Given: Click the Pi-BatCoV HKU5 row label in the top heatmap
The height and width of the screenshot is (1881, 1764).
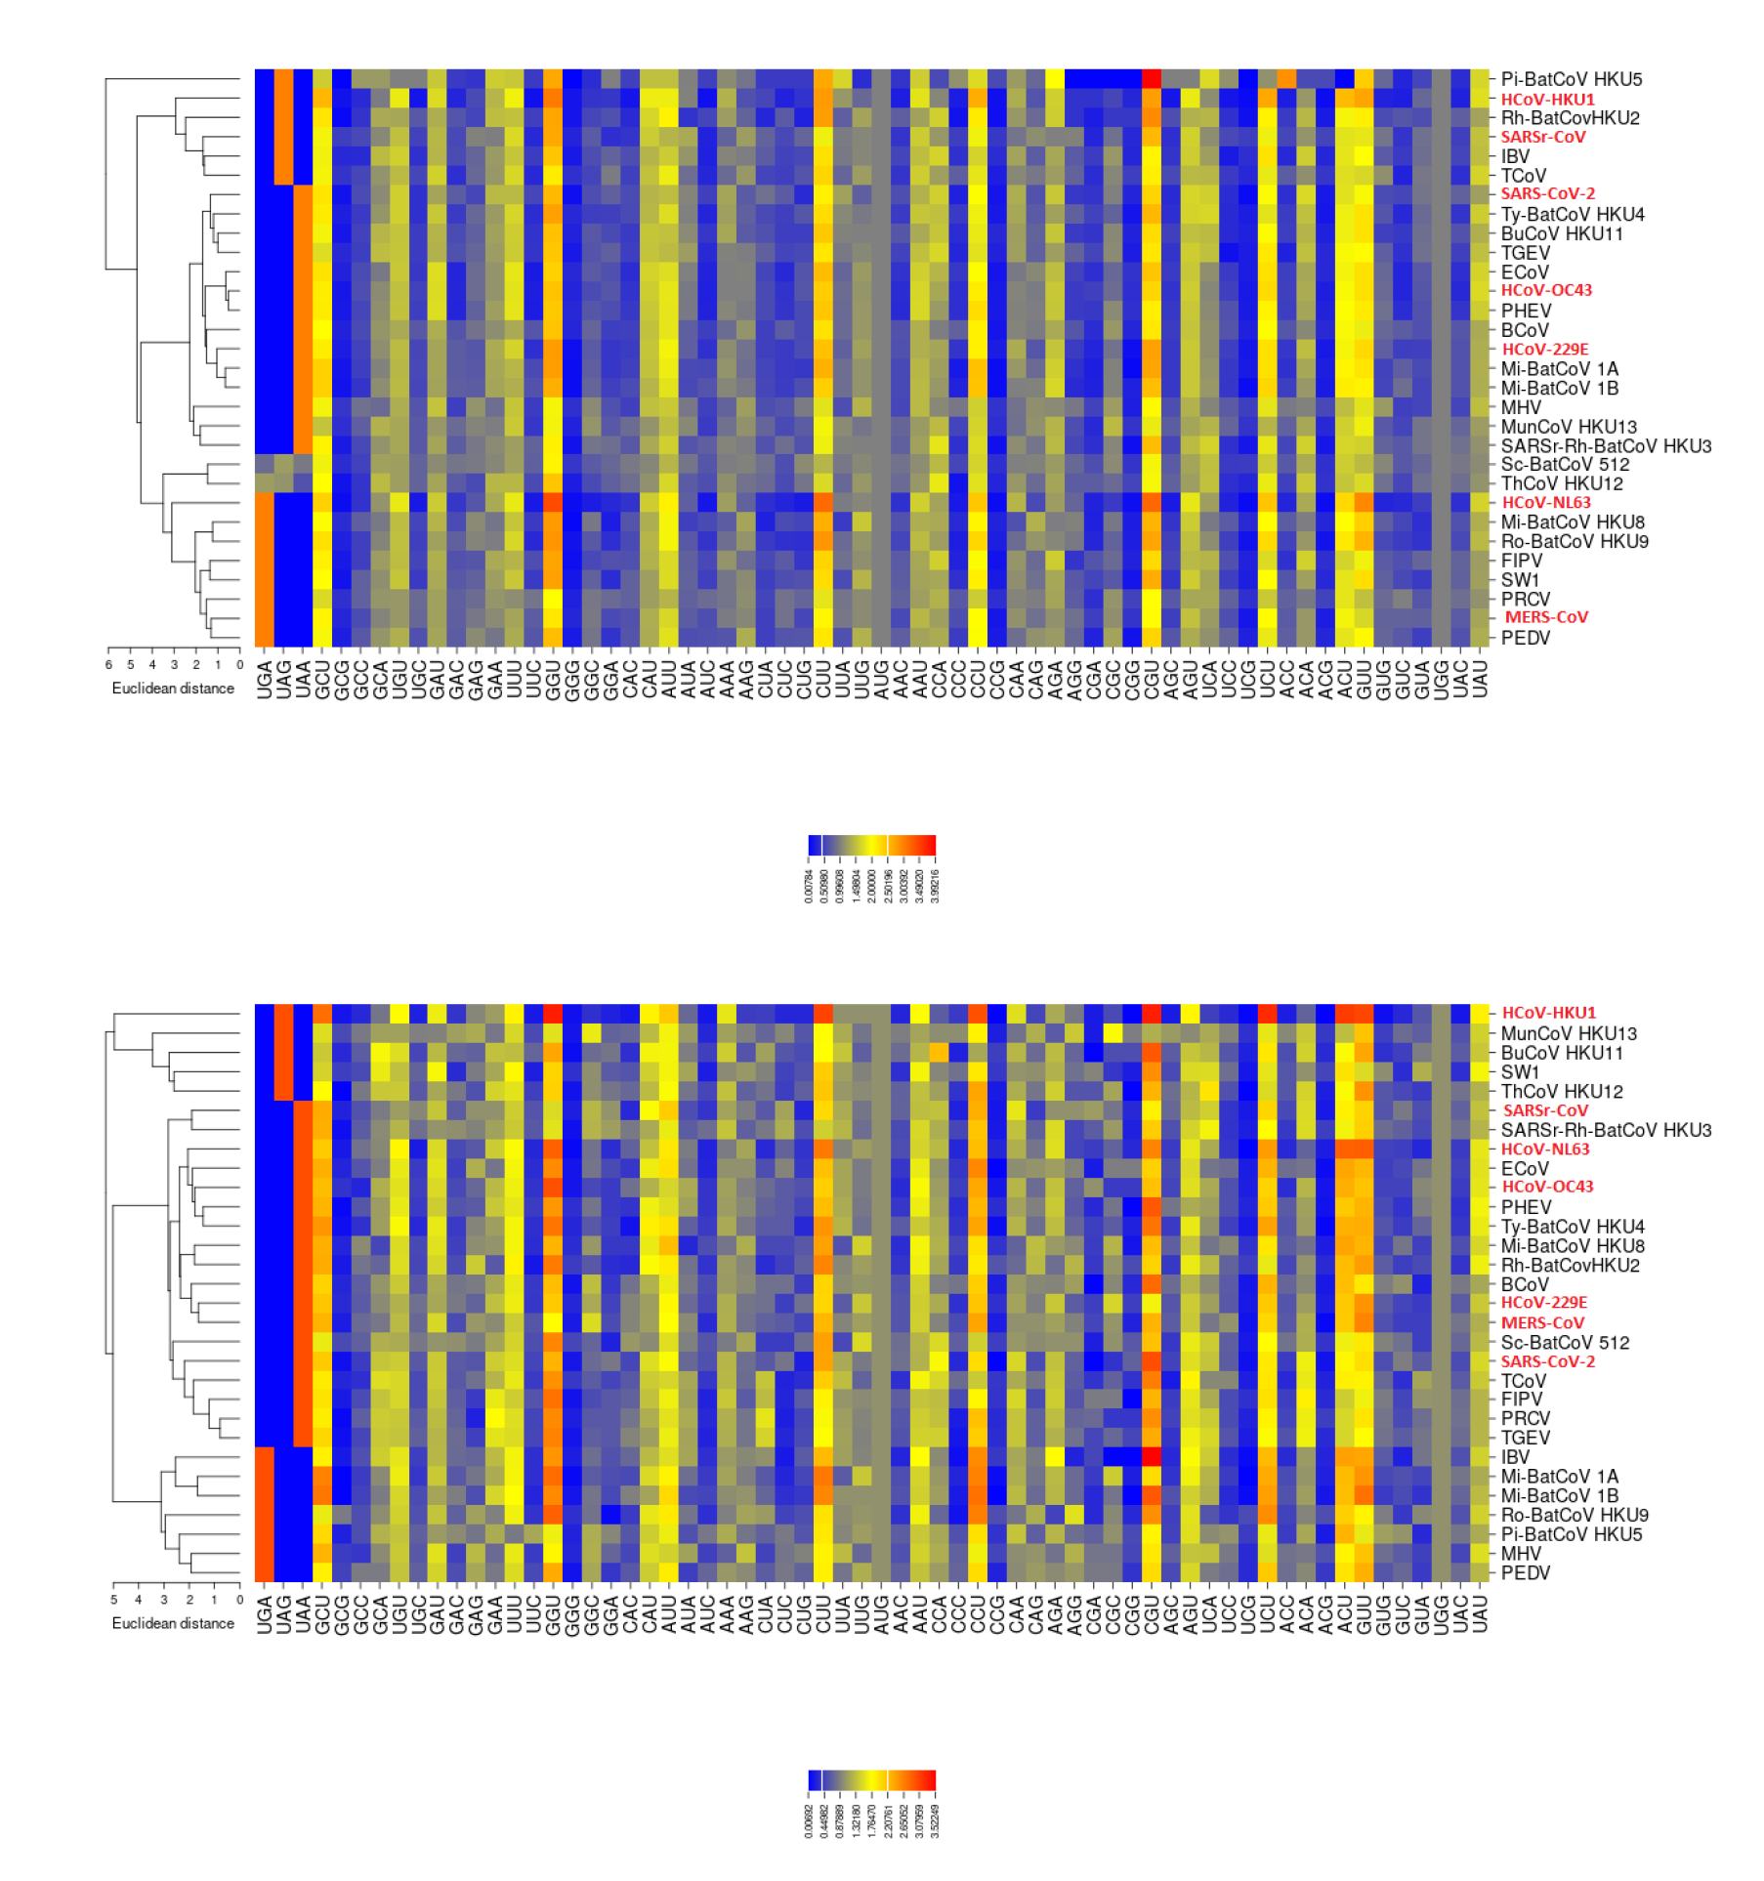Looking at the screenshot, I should click(x=1571, y=79).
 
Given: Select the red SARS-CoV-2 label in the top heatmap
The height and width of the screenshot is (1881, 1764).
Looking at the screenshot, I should click(x=1547, y=193).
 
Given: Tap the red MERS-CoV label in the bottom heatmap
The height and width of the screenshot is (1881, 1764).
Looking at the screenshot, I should click(x=1542, y=1322).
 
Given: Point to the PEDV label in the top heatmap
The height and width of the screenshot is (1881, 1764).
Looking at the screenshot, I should click(x=1525, y=638).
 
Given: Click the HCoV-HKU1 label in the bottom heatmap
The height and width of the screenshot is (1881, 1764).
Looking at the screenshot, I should click(x=1548, y=1013).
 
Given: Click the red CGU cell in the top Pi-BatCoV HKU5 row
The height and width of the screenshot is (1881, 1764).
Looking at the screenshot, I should click(x=1152, y=79).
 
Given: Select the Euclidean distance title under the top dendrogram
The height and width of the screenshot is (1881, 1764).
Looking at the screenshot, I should click(x=173, y=689).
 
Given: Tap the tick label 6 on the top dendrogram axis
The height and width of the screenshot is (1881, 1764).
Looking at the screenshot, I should click(x=108, y=665).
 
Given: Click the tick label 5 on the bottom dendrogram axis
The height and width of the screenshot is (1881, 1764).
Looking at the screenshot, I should click(x=114, y=1600).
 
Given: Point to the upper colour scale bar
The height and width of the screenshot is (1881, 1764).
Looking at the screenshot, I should click(x=871, y=845).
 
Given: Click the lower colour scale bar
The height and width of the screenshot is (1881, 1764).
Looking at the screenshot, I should click(x=871, y=1779).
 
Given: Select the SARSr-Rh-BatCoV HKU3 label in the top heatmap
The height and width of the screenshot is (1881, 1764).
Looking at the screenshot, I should click(x=1605, y=446).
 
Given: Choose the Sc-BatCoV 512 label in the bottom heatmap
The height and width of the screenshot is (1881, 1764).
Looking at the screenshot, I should click(x=1565, y=1342).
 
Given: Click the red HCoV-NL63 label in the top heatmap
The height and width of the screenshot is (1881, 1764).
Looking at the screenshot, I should click(x=1545, y=502).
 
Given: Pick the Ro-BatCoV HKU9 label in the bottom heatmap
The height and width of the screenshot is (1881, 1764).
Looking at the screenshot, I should click(x=1574, y=1515).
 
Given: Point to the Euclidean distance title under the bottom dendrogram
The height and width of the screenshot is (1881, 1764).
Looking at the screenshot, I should click(x=173, y=1623).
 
